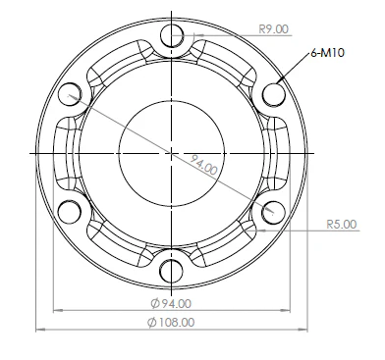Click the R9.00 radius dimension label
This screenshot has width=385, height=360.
[x=272, y=29]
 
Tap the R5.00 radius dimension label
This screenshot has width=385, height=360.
[x=342, y=225]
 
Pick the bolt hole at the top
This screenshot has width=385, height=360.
[x=173, y=37]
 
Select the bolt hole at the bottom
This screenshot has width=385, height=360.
[x=173, y=270]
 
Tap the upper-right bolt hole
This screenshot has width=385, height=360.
[x=273, y=95]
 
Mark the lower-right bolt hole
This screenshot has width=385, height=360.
[x=273, y=211]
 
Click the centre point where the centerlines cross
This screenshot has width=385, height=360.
[x=173, y=153]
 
